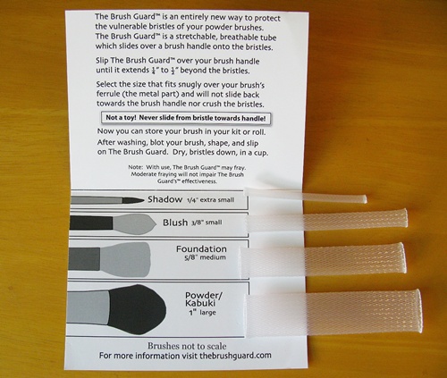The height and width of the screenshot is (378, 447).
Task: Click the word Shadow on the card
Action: pyautogui.click(x=164, y=199)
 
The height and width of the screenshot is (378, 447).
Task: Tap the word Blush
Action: pyautogui.click(x=175, y=223)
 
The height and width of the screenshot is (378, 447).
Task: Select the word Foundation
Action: pyautogui.click(x=201, y=248)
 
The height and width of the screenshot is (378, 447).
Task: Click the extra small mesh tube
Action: pyautogui.click(x=306, y=195)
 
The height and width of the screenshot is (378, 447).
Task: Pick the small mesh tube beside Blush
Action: pyautogui.click(x=326, y=221)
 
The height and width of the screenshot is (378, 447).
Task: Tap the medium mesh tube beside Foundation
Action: pyautogui.click(x=322, y=260)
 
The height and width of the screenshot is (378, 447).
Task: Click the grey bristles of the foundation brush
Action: pyautogui.click(x=125, y=259)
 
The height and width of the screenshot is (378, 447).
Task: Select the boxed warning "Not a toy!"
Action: pyautogui.click(x=186, y=118)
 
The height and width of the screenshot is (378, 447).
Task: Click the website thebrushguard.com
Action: pyautogui.click(x=235, y=356)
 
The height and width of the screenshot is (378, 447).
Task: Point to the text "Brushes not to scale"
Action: pyautogui.click(x=187, y=346)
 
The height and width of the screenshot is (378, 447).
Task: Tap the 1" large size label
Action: pyautogui.click(x=202, y=313)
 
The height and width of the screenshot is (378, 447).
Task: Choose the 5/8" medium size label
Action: pyautogui.click(x=205, y=257)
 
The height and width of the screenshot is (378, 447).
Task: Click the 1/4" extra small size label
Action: pyautogui.click(x=210, y=200)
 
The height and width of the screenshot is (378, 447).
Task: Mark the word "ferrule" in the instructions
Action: pyautogui.click(x=108, y=94)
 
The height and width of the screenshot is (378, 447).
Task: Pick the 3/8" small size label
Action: pyautogui.click(x=207, y=223)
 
